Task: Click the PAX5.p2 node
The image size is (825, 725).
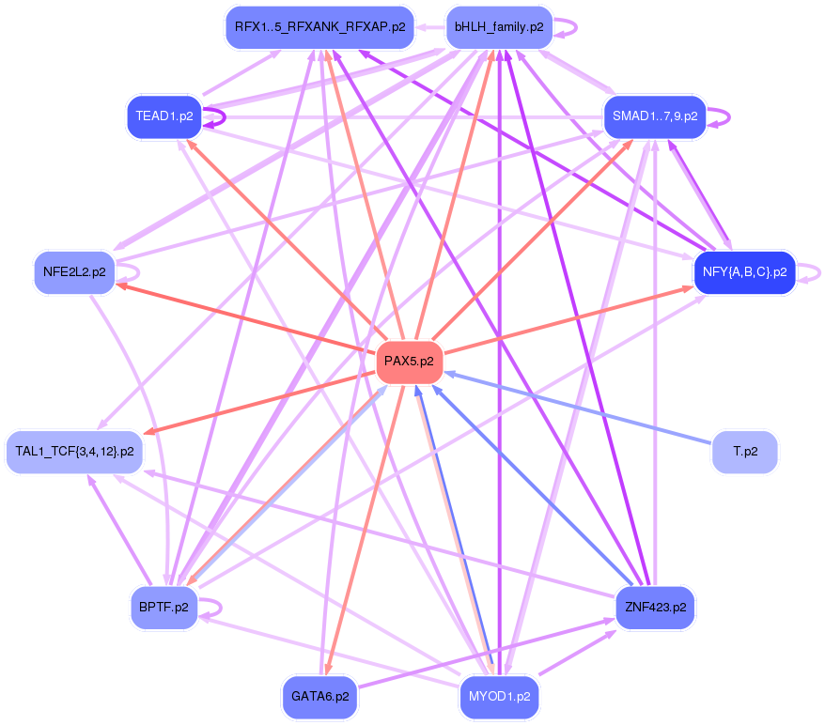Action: pos(410,362)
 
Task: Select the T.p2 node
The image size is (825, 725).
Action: pos(745,452)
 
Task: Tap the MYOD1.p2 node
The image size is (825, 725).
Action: pos(499,697)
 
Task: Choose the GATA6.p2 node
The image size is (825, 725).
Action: pos(319,697)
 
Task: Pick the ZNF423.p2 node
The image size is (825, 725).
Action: pos(656,608)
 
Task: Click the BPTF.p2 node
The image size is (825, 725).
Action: pos(163,608)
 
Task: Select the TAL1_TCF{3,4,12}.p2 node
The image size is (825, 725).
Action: pos(75,452)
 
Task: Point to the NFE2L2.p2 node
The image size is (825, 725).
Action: pos(75,272)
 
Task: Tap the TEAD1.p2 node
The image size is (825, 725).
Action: pos(164,116)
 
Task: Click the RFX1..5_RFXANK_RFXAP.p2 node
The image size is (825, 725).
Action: pos(319,27)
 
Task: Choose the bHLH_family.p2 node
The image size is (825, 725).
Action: pos(499,27)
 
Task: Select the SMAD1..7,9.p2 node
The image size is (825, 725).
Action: pos(655,116)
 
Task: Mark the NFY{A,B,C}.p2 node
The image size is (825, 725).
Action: pos(745,272)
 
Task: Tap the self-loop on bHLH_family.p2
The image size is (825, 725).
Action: pos(566,27)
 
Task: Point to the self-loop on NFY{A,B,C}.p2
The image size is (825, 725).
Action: pos(809,273)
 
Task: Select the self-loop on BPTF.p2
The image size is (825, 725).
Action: pos(210,608)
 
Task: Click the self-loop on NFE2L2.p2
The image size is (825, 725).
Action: pos(128,272)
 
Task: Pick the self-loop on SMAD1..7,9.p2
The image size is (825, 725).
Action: pos(719,117)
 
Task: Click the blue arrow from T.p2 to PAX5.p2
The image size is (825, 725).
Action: pos(578,408)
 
